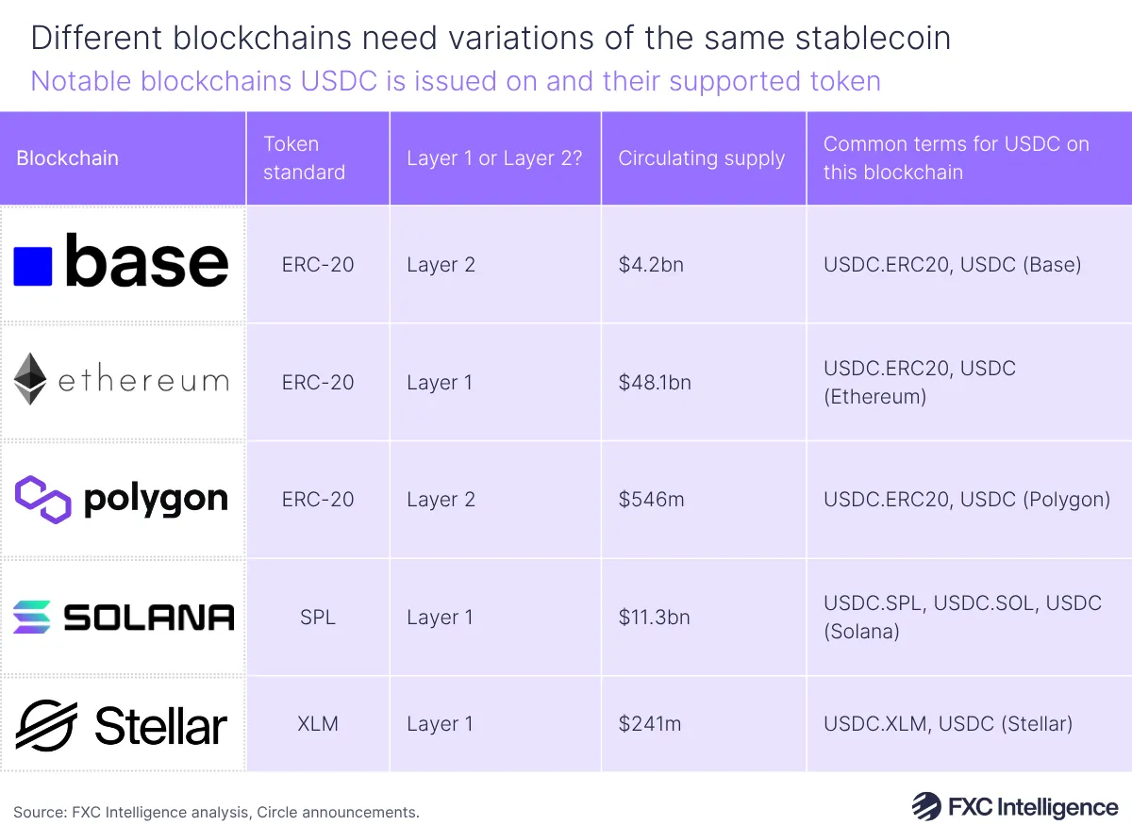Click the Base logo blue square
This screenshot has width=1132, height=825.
point(33,266)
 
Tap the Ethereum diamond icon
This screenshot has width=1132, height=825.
point(30,380)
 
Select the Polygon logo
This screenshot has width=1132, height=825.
point(122,499)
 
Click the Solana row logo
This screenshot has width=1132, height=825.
point(123,618)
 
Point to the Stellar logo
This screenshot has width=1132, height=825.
point(122,725)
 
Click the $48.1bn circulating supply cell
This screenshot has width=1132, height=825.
point(655,382)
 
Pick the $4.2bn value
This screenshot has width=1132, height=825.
point(651,265)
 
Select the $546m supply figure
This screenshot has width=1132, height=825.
point(651,500)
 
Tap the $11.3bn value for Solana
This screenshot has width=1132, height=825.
point(654,618)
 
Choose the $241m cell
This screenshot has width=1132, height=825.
point(650,724)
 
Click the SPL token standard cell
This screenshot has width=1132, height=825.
point(317,618)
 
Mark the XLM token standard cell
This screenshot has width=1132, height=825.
point(317,724)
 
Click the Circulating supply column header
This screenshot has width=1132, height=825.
point(701,158)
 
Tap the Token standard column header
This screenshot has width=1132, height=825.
point(304,158)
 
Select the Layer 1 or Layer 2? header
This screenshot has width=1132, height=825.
point(494,158)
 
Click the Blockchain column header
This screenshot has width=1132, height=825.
point(68,158)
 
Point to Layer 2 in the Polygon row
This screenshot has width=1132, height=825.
point(441,500)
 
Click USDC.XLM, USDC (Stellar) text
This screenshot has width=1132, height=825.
point(948,724)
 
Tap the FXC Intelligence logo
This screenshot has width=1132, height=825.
point(1014,807)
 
